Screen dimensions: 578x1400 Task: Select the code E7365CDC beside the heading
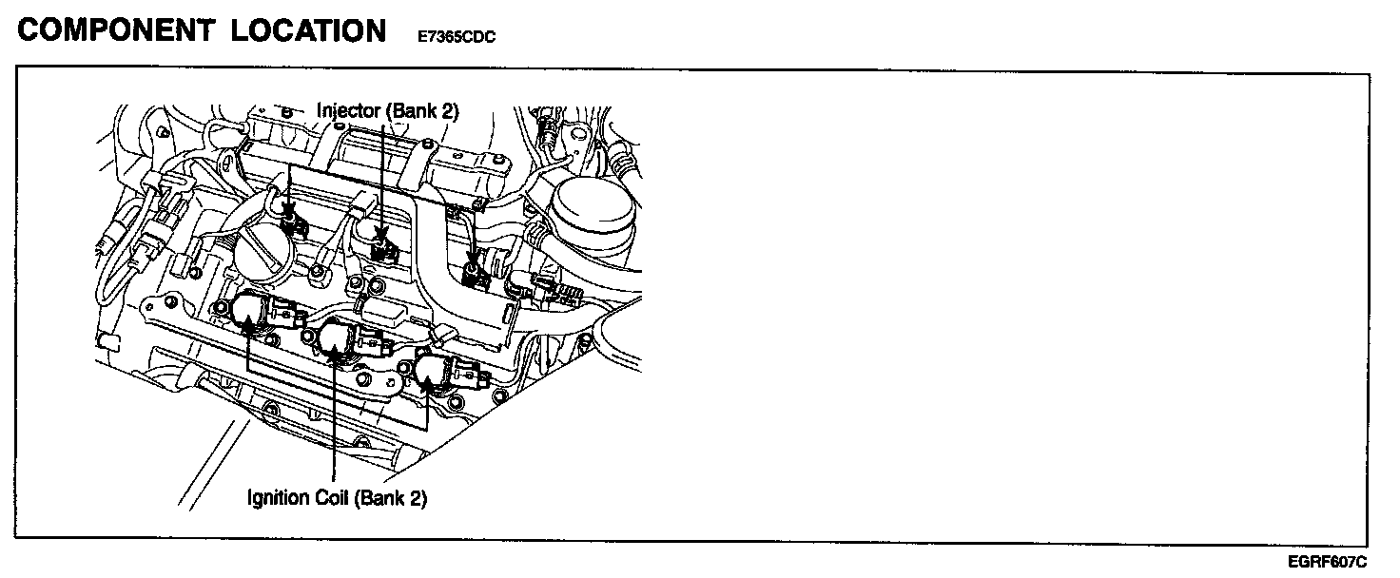(456, 36)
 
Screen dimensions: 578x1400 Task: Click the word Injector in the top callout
(349, 111)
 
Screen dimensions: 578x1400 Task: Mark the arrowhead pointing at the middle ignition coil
(336, 356)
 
